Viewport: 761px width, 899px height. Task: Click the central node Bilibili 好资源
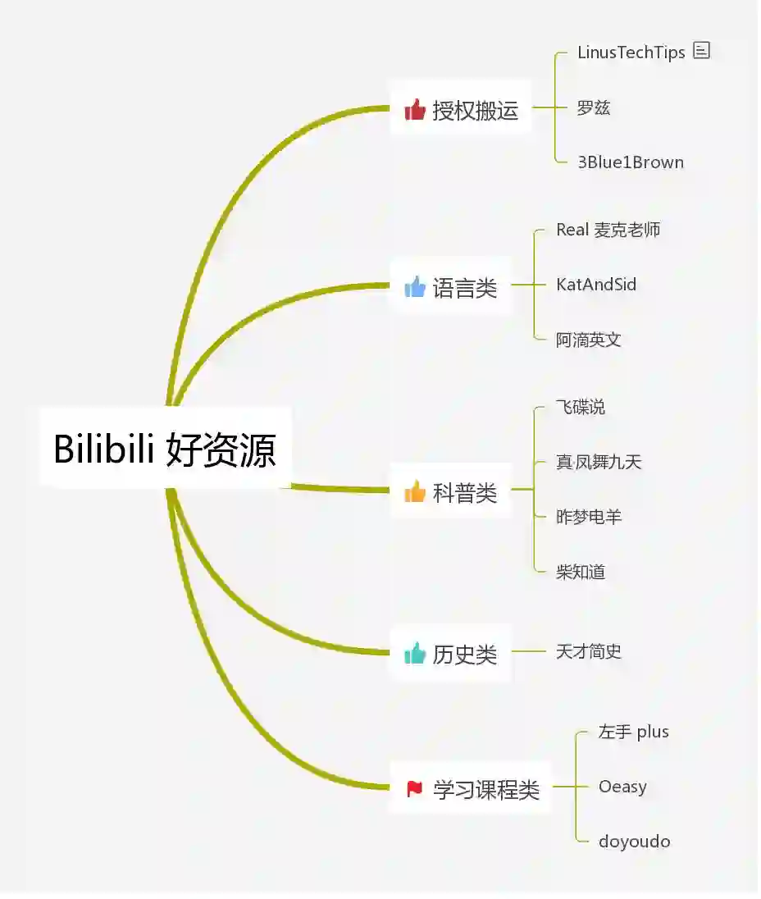[x=165, y=449]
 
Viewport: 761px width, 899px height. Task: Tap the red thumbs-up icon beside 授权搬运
[x=415, y=110]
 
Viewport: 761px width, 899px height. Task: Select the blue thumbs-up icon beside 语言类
[x=415, y=287]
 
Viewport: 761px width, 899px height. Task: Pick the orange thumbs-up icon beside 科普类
[x=415, y=491]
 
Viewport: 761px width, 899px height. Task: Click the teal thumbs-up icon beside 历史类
[x=415, y=654]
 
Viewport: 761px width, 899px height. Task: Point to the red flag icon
[x=415, y=789]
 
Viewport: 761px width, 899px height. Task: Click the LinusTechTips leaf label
[x=631, y=52]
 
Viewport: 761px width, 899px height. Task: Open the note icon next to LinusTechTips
[x=701, y=51]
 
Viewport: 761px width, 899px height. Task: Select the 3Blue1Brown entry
[x=630, y=162]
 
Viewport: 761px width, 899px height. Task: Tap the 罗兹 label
[x=593, y=108]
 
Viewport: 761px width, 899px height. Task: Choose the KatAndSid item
[x=596, y=285]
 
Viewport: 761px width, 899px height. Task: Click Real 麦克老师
[x=608, y=230]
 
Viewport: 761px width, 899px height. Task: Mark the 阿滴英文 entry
[x=588, y=340]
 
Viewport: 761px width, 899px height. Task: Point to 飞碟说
[x=581, y=407]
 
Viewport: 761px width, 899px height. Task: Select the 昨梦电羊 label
[x=588, y=517]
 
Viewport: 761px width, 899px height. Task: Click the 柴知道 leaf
[x=581, y=572]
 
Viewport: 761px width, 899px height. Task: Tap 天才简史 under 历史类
[x=588, y=652]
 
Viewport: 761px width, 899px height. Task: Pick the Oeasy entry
[x=622, y=787]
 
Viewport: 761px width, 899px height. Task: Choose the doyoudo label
[x=634, y=842]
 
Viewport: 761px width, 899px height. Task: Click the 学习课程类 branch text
[x=485, y=790]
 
